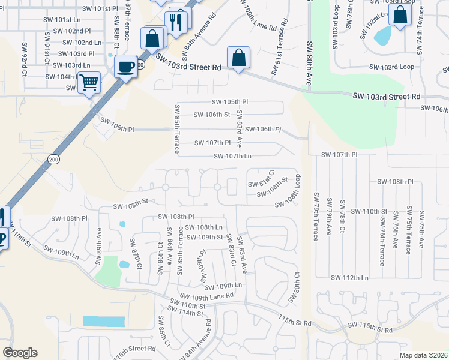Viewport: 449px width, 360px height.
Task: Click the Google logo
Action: tap(20, 353)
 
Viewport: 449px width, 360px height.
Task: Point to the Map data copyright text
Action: tap(423, 355)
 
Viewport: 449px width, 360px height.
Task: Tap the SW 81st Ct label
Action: tap(266, 178)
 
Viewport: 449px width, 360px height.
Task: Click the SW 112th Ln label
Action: tap(349, 277)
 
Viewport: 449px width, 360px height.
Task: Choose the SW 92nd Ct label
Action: tap(25, 58)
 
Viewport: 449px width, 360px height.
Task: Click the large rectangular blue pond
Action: tap(103, 321)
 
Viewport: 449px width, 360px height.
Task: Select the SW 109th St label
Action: tap(205, 237)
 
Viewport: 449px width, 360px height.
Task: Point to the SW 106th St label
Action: tap(212, 115)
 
